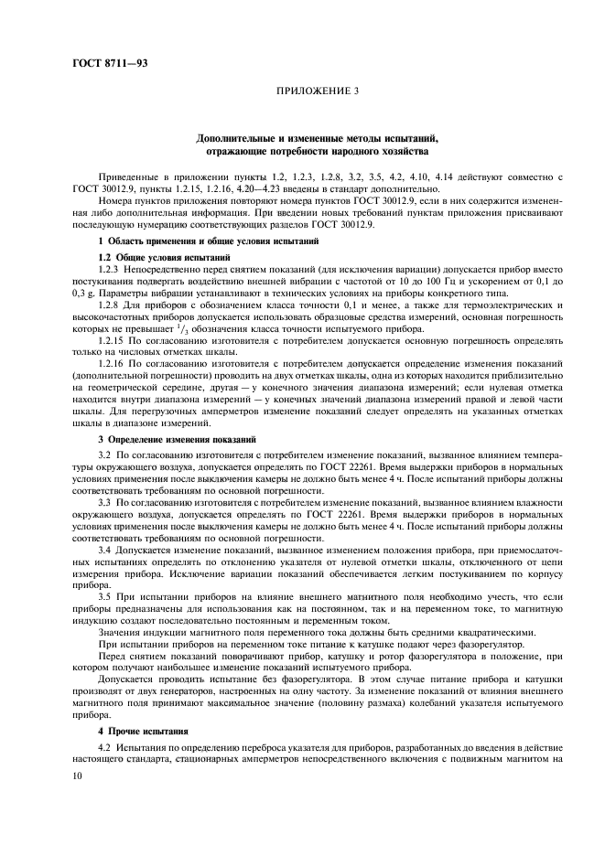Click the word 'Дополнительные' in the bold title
tap(237, 137)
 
